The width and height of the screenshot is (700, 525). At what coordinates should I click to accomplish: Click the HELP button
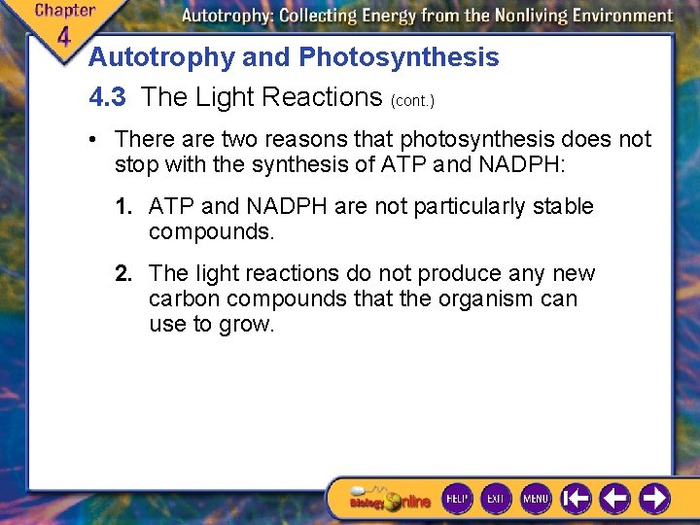[x=457, y=498]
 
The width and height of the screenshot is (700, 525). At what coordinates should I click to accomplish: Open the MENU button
[x=536, y=498]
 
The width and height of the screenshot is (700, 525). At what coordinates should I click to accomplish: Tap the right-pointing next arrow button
[x=654, y=499]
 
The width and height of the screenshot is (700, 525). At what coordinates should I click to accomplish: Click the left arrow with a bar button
[x=577, y=499]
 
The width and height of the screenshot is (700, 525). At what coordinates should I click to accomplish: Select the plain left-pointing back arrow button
[x=614, y=499]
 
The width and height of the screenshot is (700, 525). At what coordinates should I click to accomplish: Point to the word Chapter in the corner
[x=64, y=11]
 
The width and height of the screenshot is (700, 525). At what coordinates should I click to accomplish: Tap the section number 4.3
[x=107, y=97]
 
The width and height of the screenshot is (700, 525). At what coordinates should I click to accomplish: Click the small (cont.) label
[x=412, y=100]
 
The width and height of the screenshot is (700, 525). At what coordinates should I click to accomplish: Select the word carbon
[x=181, y=298]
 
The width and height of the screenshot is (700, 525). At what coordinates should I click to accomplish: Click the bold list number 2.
[x=123, y=273]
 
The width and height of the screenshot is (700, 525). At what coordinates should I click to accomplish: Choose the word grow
[x=248, y=324]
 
